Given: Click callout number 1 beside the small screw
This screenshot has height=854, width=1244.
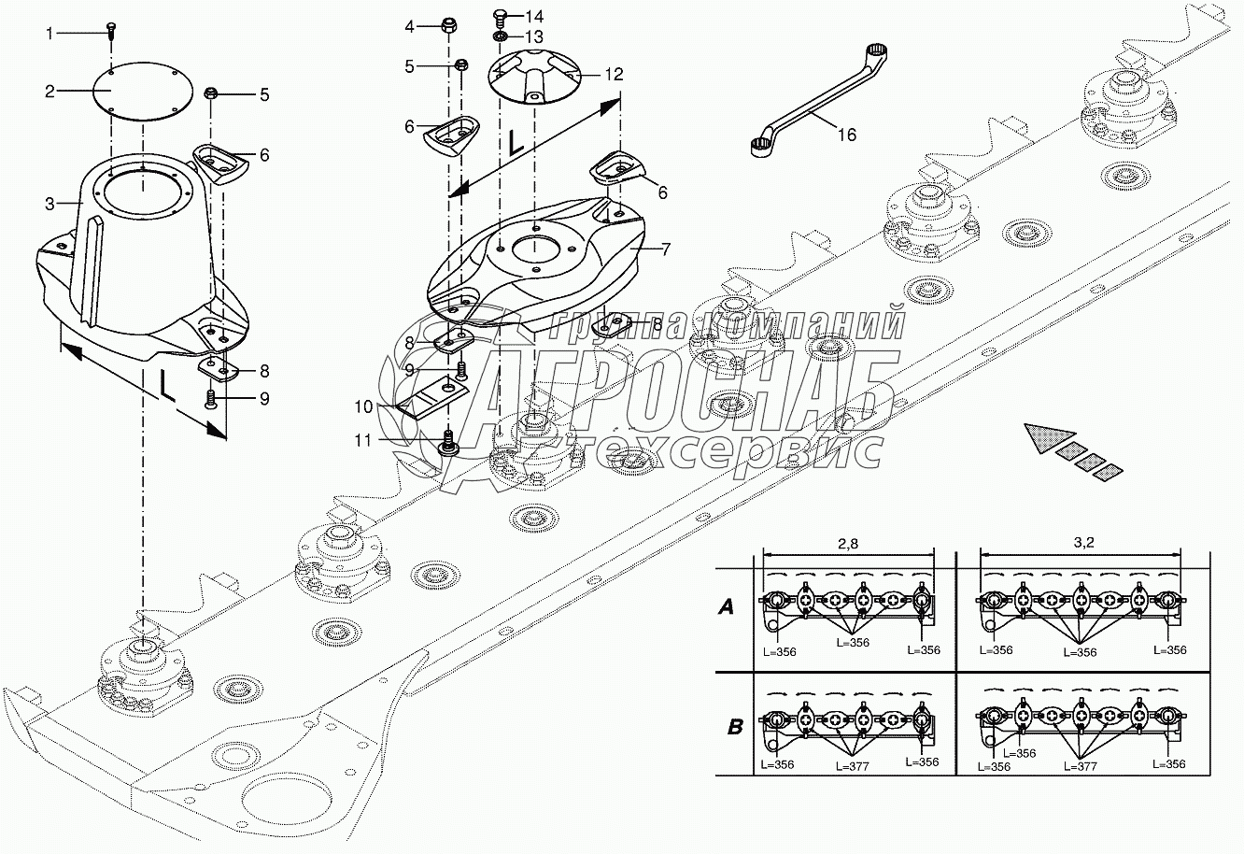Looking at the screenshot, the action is click(49, 34).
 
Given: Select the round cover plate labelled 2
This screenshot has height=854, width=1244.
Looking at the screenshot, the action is click(142, 92).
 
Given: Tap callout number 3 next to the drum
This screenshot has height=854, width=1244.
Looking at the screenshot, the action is click(50, 204).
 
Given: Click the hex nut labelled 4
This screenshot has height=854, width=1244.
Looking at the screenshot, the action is click(448, 25).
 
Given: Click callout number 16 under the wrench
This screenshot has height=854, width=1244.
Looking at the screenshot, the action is click(847, 135).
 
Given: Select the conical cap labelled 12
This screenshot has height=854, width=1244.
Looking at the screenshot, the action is click(533, 78).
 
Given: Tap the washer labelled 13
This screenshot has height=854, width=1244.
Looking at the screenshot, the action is click(498, 36).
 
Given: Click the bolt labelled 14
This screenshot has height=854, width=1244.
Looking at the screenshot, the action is click(500, 16).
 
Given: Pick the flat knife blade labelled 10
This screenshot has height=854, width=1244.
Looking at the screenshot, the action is click(433, 396).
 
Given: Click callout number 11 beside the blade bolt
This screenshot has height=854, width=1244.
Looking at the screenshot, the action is click(362, 441).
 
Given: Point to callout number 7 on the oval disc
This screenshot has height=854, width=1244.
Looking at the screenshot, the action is click(666, 249).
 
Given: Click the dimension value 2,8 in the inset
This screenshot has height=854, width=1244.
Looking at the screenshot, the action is click(847, 544).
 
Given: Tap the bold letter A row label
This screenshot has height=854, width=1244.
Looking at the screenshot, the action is click(726, 607).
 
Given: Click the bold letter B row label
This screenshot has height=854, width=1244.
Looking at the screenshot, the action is click(735, 727).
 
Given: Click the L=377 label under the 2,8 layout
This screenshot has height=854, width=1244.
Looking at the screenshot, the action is click(853, 766).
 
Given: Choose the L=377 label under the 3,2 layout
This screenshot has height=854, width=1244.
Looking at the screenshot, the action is click(1081, 766).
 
